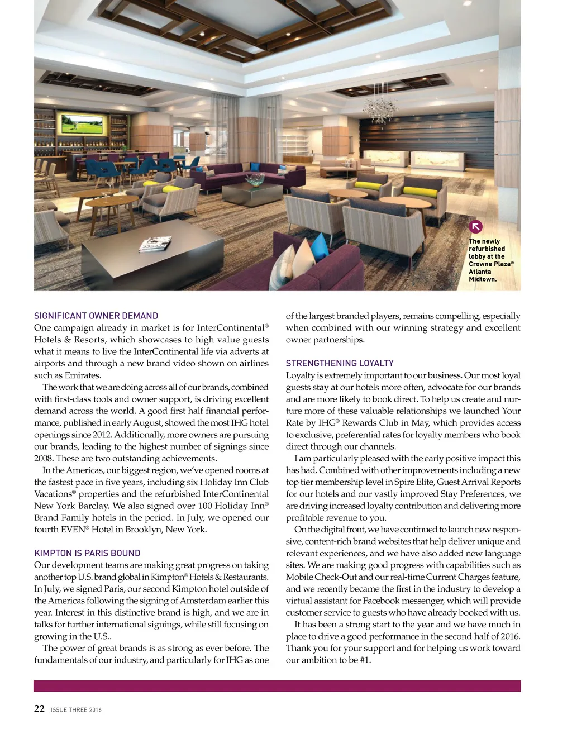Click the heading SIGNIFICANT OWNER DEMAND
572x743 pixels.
(x=96, y=316)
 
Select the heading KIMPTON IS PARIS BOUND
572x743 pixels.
(x=87, y=553)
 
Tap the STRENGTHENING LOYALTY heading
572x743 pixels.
(x=340, y=363)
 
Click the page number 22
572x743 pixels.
(x=39, y=708)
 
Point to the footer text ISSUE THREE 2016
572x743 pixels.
(x=76, y=709)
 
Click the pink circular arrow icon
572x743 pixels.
(x=475, y=226)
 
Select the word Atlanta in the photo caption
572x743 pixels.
(x=480, y=272)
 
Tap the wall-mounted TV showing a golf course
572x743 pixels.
(x=82, y=123)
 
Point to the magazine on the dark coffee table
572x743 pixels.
(x=155, y=244)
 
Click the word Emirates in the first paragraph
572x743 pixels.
(x=83, y=375)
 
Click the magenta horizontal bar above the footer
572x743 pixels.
(x=277, y=686)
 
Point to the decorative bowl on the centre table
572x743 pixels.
(x=255, y=179)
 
